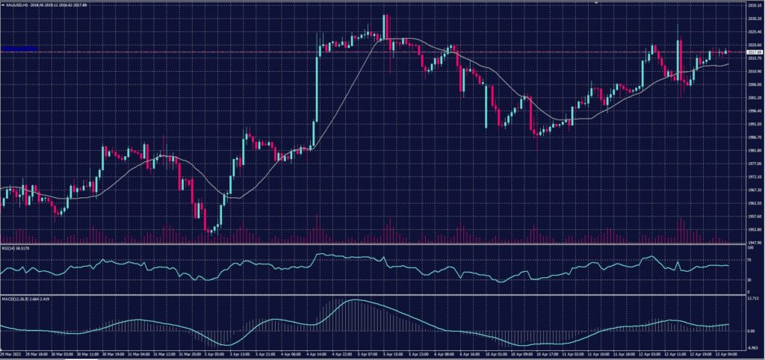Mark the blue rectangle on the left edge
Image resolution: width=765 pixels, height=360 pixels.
click(19, 49)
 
